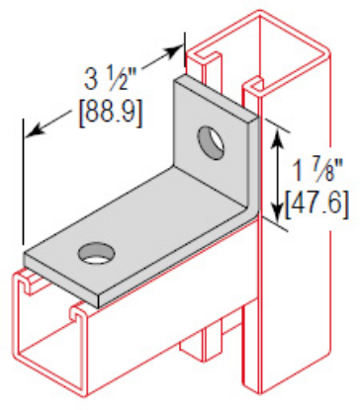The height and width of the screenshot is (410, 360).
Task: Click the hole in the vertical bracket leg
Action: [x=210, y=142]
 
